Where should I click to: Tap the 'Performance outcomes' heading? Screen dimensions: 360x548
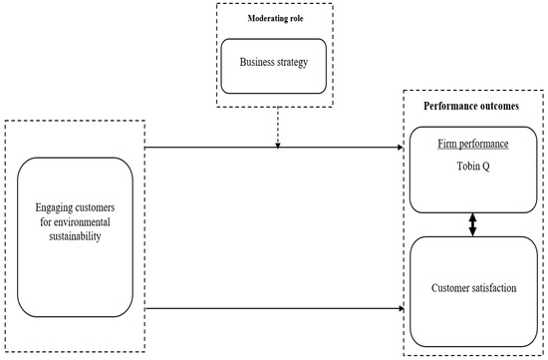click(473, 104)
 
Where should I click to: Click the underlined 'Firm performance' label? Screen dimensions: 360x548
click(473, 145)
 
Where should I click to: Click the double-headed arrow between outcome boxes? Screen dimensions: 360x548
click(473, 224)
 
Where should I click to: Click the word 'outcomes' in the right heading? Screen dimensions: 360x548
click(500, 104)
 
